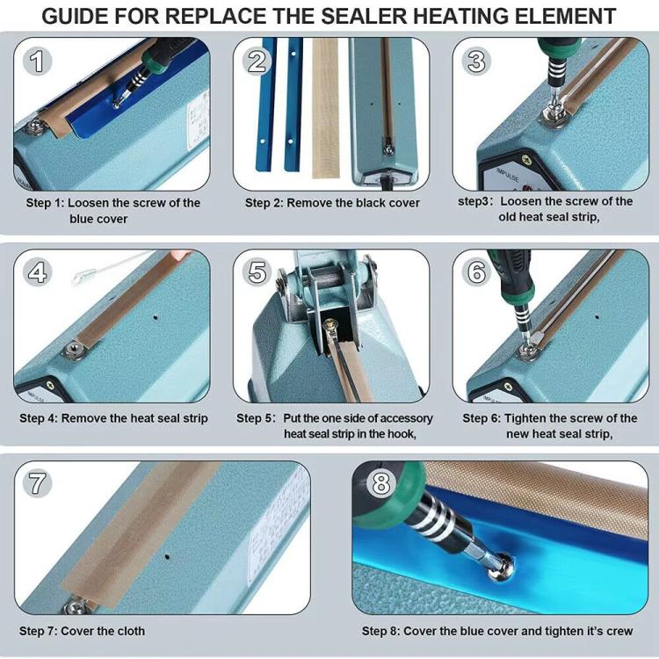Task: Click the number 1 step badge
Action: click(36, 61)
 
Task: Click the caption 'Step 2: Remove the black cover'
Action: click(332, 203)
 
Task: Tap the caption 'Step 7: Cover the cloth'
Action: click(82, 631)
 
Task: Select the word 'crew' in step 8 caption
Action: click(615, 631)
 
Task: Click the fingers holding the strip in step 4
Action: click(180, 255)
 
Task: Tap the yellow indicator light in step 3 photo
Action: click(526, 159)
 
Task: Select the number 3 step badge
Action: click(476, 61)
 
